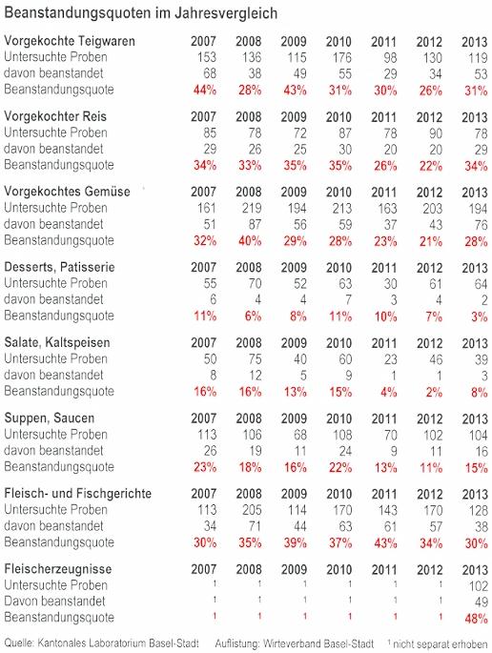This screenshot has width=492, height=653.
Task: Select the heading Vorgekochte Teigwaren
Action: point(70,41)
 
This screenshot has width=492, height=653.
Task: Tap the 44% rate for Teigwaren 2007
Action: point(205,90)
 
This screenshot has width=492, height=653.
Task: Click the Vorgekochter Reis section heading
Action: point(55,116)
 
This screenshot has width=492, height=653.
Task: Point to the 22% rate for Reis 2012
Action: point(430,166)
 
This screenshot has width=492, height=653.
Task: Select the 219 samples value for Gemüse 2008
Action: point(252,208)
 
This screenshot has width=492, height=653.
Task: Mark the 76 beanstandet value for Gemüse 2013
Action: point(481,224)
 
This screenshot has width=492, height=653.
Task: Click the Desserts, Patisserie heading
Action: point(59,267)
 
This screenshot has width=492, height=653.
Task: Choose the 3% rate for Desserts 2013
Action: point(479,316)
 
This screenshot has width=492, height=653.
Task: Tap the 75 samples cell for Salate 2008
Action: point(255,359)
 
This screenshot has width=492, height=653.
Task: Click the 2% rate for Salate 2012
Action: point(434,392)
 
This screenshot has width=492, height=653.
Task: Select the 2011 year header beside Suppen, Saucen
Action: point(383,418)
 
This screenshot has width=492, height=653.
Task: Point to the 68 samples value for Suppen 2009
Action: point(299,435)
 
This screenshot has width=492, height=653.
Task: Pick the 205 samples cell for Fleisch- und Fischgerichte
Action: point(252,510)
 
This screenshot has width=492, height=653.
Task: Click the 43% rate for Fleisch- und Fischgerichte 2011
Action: point(385,543)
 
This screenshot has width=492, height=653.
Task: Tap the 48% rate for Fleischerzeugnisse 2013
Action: point(476,619)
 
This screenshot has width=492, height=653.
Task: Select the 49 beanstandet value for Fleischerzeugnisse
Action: point(481,602)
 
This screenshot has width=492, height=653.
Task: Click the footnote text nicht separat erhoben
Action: point(440,644)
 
